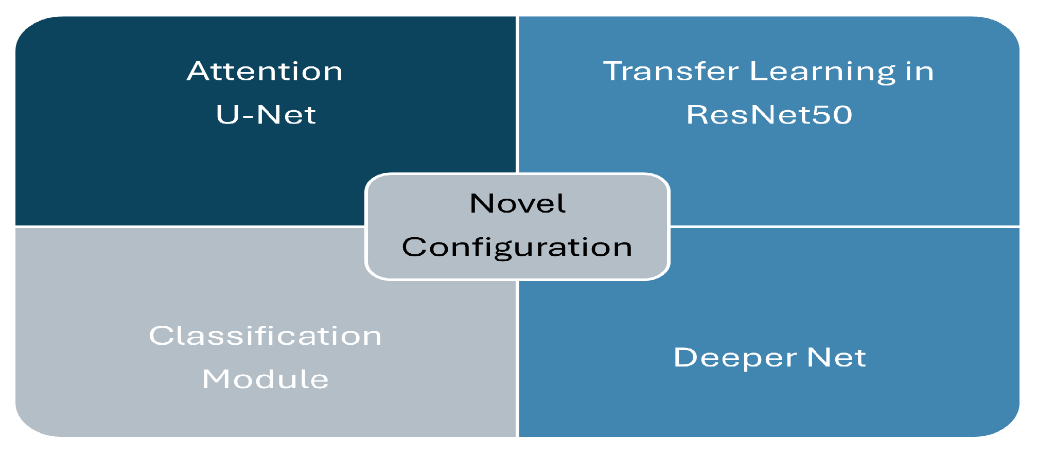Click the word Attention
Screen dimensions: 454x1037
[265, 71]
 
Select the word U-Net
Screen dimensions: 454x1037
[266, 114]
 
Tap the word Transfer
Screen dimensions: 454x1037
[671, 71]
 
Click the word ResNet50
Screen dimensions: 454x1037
[769, 114]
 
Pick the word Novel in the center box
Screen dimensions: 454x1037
[518, 203]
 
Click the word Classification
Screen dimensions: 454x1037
[265, 336]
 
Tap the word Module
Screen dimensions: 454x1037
[265, 379]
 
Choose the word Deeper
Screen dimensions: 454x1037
[735, 358]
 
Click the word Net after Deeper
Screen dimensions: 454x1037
[836, 357]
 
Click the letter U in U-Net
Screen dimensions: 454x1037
[227, 114]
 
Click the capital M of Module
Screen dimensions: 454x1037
[216, 379]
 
